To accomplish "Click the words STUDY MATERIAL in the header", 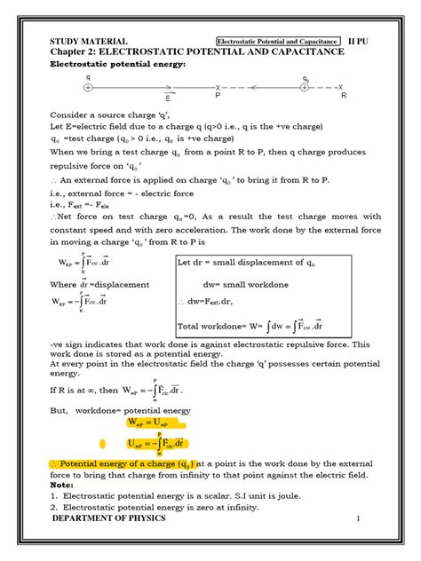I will click(90, 41).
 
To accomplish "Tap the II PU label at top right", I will click(365, 41).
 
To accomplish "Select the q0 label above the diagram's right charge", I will click(306, 78).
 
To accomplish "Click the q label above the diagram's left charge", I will click(88, 77).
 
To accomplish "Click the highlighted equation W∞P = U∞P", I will click(156, 423).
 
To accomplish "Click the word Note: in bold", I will click(61, 485).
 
